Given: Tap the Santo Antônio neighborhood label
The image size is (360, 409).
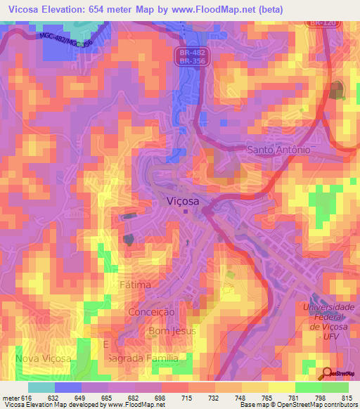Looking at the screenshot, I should [x=278, y=150].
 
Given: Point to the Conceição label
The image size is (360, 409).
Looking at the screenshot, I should [x=151, y=311].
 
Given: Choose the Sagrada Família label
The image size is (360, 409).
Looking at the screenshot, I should [x=148, y=358].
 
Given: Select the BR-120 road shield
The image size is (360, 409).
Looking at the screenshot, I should [x=323, y=23].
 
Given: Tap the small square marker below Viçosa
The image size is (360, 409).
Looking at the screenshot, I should [x=186, y=211].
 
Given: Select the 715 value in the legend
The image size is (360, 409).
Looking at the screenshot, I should [x=188, y=398].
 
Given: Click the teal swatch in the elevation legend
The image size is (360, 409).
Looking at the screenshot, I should [x=41, y=387].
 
